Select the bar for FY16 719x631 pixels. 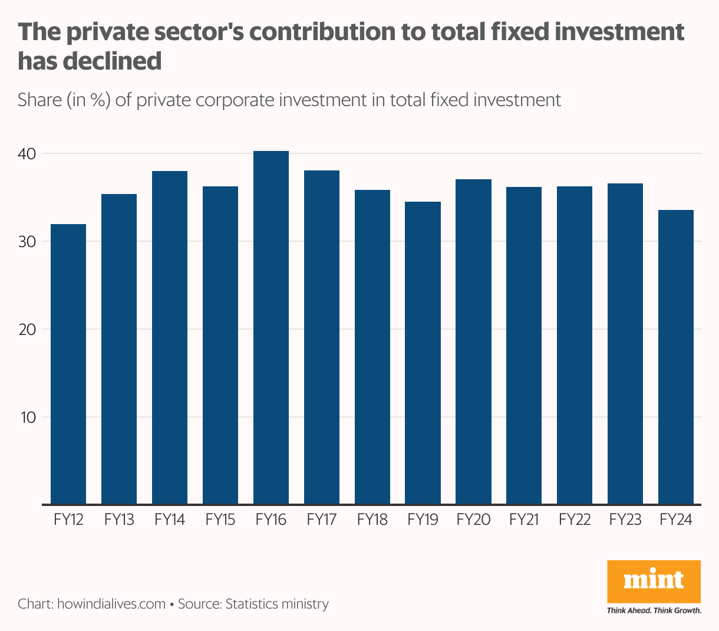(x=271, y=328)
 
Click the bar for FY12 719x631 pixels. (x=68, y=364)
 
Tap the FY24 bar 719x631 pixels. (x=676, y=357)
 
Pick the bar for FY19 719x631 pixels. (x=423, y=353)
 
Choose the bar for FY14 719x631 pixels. (x=170, y=338)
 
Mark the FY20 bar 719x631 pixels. (x=474, y=342)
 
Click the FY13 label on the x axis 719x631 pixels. (x=119, y=520)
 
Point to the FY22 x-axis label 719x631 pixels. (x=575, y=520)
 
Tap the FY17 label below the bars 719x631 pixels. (x=322, y=520)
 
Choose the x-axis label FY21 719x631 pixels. (x=524, y=520)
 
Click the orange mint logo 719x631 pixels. (x=654, y=581)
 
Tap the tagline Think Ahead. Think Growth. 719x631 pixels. (x=654, y=610)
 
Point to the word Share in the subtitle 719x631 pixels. (x=39, y=100)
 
